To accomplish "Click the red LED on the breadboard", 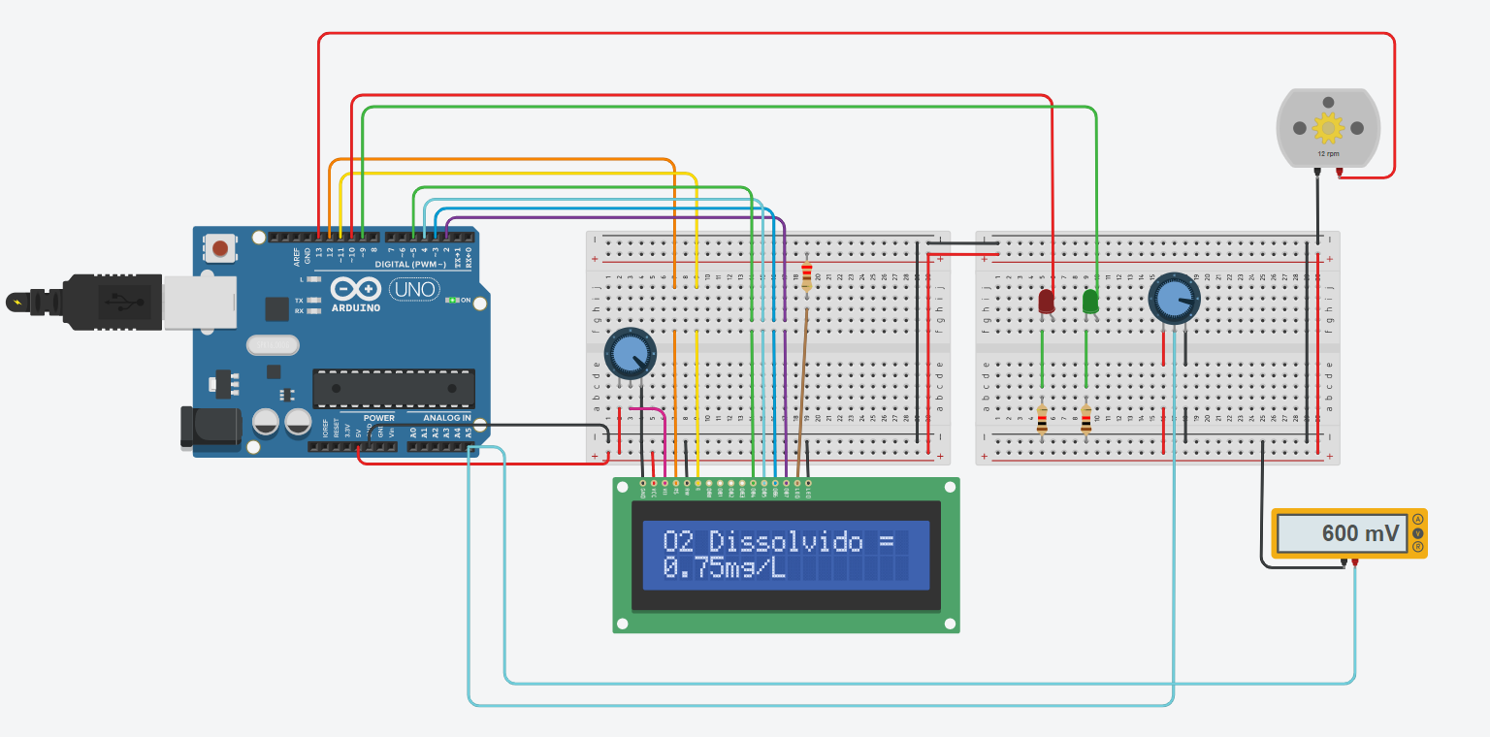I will pyautogui.click(x=1046, y=301).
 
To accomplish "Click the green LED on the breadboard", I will pyautogui.click(x=1090, y=301).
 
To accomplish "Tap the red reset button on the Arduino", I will pyautogui.click(x=220, y=248).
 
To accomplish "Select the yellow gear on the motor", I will pyautogui.click(x=1327, y=128).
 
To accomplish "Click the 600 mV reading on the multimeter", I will pyautogui.click(x=1360, y=533).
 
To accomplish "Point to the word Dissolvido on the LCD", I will pyautogui.click(x=785, y=541).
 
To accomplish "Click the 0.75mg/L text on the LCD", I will pyautogui.click(x=724, y=568).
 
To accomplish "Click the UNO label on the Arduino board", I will pyautogui.click(x=415, y=289).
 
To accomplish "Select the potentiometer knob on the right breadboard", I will pyautogui.click(x=1174, y=298).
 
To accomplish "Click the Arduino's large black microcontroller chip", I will pyautogui.click(x=393, y=388).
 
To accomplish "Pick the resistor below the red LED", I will pyautogui.click(x=1042, y=419).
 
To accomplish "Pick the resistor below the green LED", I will pyautogui.click(x=1086, y=419).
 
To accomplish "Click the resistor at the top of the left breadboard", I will pyautogui.click(x=806, y=276).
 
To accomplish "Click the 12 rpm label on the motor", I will pyautogui.click(x=1327, y=153).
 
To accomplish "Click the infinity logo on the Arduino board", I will pyautogui.click(x=354, y=289).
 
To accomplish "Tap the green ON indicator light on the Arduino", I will pyautogui.click(x=450, y=300).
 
